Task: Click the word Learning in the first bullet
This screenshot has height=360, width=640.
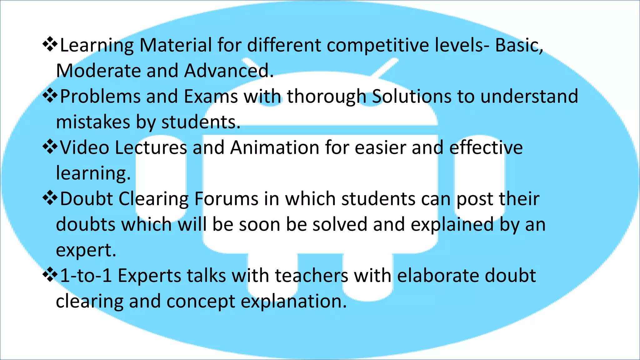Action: click(97, 46)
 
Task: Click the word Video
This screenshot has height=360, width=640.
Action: click(84, 147)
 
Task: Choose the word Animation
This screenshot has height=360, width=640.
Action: click(275, 147)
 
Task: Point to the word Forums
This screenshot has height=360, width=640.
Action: click(226, 199)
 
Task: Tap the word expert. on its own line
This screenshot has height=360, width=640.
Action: click(86, 251)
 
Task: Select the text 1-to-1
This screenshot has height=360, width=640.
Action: click(86, 276)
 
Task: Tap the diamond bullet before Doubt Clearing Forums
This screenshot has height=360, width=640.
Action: click(50, 198)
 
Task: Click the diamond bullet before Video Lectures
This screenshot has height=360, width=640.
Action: click(50, 147)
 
